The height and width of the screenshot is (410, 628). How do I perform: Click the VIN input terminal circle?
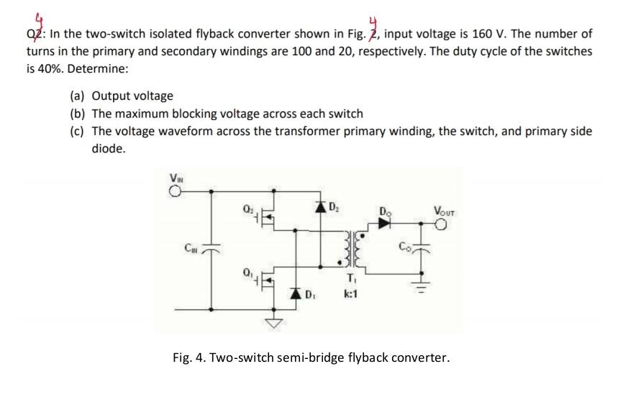click(174, 191)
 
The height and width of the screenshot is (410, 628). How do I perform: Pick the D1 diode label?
click(309, 294)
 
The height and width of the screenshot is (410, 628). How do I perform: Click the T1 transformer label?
click(352, 280)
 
